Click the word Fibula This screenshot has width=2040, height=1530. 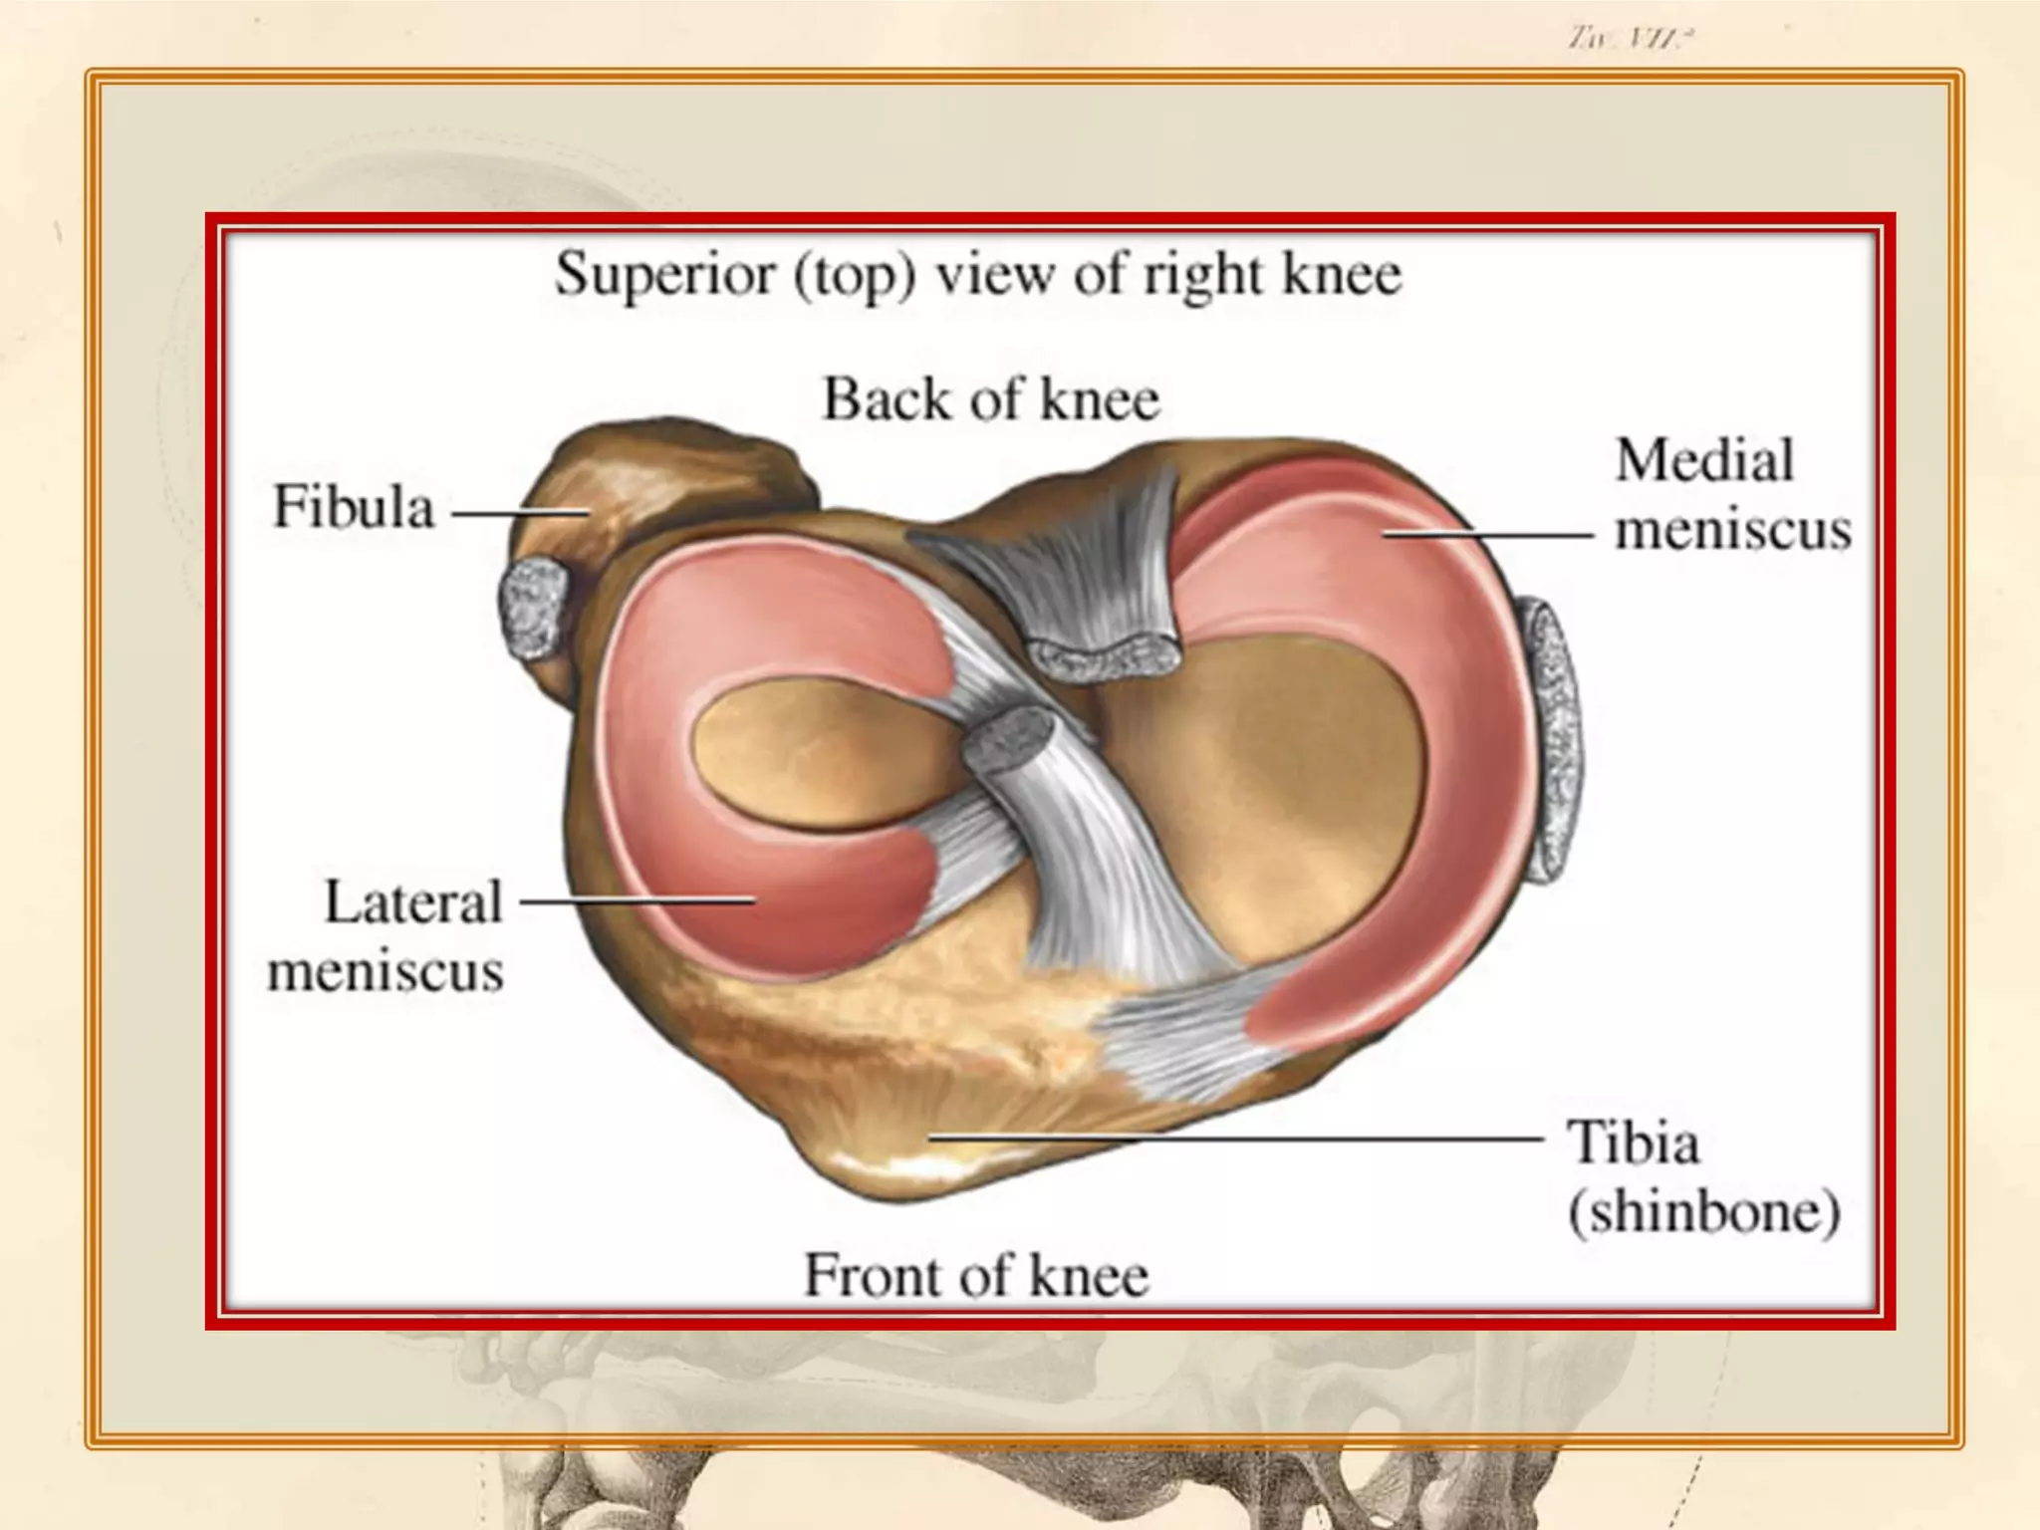[354, 507]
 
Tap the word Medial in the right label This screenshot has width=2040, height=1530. [1704, 461]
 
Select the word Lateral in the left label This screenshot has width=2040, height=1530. [413, 902]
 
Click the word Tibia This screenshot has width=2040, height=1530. [1634, 1143]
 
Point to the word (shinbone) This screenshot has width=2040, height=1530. [1704, 1212]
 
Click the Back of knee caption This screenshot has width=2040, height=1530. [991, 400]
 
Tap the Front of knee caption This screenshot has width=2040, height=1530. [976, 1275]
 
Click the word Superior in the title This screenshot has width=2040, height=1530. [665, 274]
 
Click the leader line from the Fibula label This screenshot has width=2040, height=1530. [520, 514]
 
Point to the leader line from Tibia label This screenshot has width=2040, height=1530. [1235, 1137]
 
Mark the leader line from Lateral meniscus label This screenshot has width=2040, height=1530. [637, 901]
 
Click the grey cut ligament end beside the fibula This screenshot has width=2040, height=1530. [534, 608]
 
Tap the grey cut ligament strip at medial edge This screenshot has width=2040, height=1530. [1554, 742]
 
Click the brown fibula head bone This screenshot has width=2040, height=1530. [667, 478]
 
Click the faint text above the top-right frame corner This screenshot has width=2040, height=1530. [1631, 39]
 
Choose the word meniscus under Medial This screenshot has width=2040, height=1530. [1733, 530]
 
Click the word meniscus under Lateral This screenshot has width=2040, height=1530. [385, 971]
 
